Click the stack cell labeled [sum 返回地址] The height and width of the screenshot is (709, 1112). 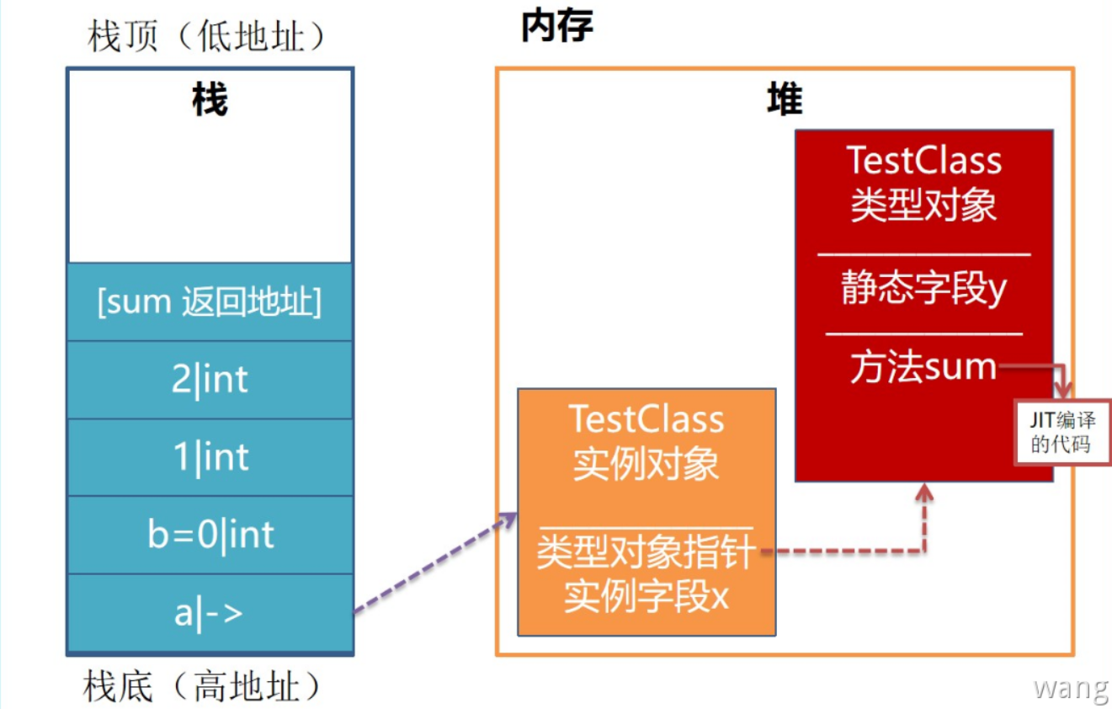point(210,302)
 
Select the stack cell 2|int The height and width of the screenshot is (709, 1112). point(210,380)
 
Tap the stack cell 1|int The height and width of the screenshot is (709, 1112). point(210,457)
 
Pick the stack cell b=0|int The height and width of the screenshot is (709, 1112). point(210,535)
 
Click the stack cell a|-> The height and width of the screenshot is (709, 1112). point(210,613)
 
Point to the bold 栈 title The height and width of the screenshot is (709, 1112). point(210,102)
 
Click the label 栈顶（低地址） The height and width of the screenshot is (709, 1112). point(206,37)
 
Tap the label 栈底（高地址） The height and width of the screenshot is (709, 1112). point(203,687)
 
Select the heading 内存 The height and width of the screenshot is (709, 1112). point(556,27)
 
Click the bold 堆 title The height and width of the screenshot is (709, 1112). point(785,100)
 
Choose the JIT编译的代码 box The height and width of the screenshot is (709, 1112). point(1063,431)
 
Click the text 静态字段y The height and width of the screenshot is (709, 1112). point(923,290)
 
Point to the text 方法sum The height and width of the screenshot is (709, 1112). point(923,368)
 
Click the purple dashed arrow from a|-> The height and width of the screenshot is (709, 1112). point(434,562)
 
